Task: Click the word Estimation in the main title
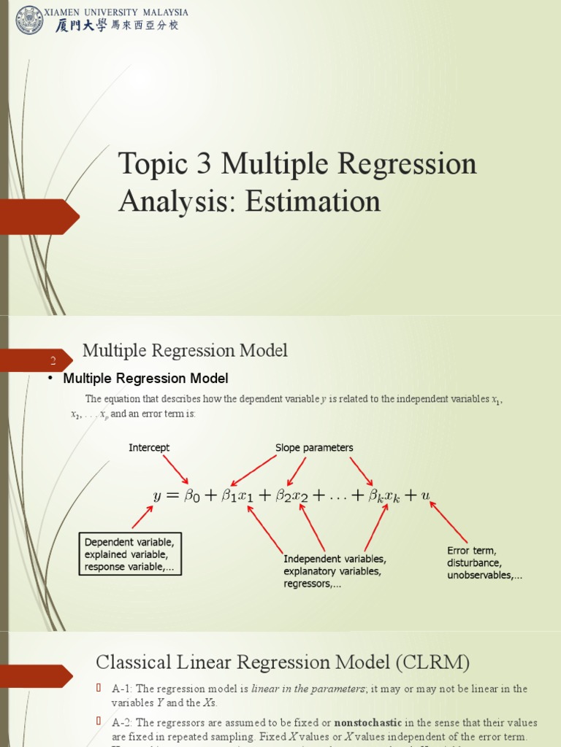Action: pos(313,201)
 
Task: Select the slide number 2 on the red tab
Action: pos(53,361)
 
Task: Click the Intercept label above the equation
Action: pos(149,448)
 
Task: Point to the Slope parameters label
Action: pos(314,448)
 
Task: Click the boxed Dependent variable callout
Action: pos(130,554)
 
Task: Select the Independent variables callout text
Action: pos(335,571)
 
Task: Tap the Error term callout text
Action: pos(484,562)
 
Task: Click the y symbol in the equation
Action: pos(156,496)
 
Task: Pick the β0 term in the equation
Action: pos(191,496)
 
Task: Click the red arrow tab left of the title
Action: pos(40,217)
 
